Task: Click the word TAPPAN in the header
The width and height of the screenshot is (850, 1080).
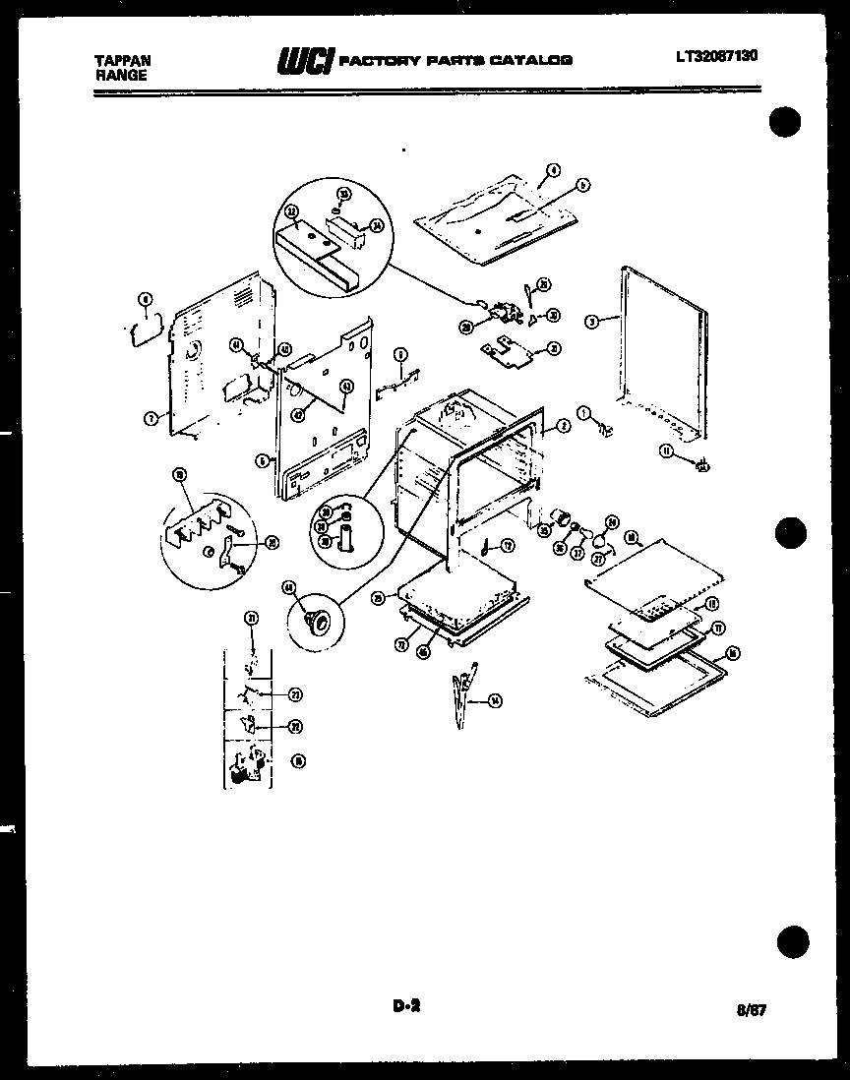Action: coord(115,60)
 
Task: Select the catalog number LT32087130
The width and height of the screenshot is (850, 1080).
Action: coord(716,57)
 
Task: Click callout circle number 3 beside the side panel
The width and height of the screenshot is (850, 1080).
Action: coord(591,321)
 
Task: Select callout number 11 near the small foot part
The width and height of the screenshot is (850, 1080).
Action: coord(665,451)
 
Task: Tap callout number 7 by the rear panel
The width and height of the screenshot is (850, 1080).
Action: coord(151,418)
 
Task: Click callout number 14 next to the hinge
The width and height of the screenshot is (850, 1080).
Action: coord(494,700)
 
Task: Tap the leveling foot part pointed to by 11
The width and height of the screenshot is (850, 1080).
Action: coord(702,466)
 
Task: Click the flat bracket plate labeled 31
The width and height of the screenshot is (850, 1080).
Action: coord(507,347)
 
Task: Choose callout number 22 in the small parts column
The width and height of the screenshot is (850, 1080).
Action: coord(294,727)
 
